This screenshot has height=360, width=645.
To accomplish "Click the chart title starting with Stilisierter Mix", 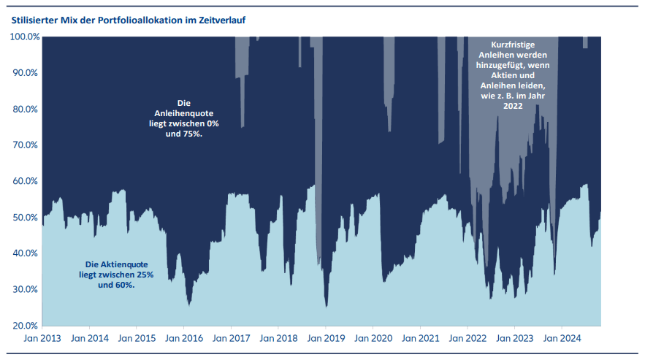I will [x=128, y=19].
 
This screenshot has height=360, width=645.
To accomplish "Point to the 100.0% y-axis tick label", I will [x=25, y=37].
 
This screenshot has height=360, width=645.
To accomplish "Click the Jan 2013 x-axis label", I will [x=42, y=339].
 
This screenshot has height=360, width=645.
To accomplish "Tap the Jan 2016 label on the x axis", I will [x=183, y=339].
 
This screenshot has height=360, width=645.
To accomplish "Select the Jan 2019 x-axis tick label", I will [x=324, y=339].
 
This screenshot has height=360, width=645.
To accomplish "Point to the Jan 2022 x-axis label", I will [x=466, y=339].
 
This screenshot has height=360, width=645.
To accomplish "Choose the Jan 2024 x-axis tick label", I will [x=561, y=339].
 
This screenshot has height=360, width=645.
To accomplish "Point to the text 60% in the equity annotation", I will [x=124, y=286].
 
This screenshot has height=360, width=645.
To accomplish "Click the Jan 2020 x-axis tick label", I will [x=372, y=339].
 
